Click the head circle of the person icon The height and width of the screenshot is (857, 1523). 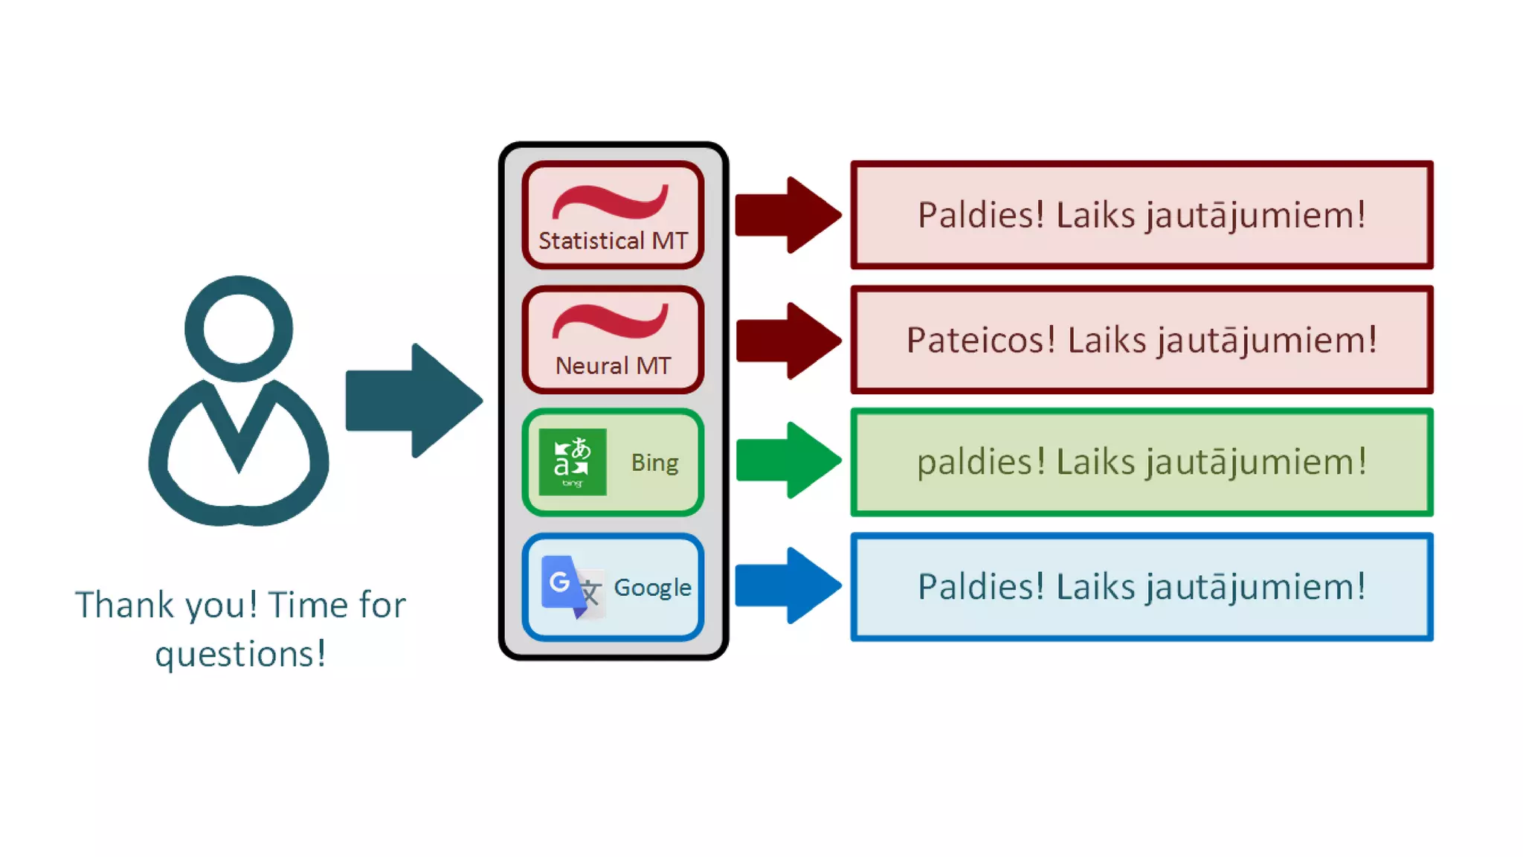point(239,328)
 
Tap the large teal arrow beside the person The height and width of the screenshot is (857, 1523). point(413,400)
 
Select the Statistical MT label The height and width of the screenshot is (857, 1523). point(613,241)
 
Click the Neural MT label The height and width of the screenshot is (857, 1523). point(613,365)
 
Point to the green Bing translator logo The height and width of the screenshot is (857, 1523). point(573,462)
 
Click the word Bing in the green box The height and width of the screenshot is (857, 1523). point(654,463)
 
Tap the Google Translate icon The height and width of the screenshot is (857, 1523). point(571,587)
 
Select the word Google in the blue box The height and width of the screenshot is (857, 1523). point(652,588)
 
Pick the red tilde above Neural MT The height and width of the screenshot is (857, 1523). point(610,321)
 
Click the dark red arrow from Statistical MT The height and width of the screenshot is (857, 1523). point(787,215)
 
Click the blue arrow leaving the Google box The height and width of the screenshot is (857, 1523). point(787,585)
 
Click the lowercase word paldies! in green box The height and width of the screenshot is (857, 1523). point(981,462)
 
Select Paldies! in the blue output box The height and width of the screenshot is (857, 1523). point(981,586)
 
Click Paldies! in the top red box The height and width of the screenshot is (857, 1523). point(981,215)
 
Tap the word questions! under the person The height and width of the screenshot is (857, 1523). point(240,655)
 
